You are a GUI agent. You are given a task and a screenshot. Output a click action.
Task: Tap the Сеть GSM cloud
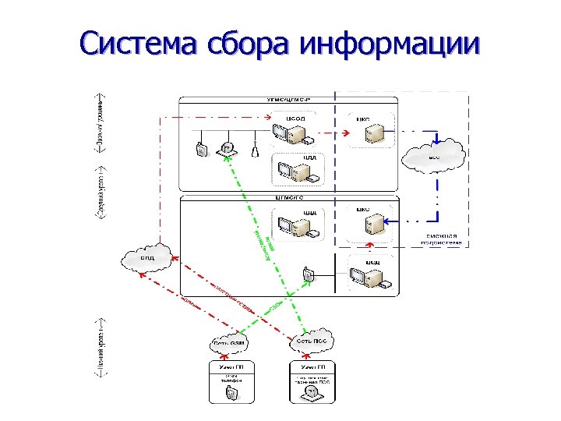tap(228, 342)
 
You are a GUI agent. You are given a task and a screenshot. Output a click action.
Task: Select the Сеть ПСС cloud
tap(312, 341)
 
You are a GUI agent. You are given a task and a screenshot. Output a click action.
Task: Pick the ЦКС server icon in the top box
tap(374, 135)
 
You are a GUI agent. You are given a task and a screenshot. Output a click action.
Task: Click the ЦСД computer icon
tap(366, 274)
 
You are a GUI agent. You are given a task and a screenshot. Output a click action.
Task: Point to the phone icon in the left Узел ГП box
tap(231, 394)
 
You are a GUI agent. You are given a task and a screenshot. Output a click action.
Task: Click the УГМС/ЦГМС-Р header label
tap(288, 101)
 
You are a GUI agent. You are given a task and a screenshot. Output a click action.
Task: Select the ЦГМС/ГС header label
tap(288, 199)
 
